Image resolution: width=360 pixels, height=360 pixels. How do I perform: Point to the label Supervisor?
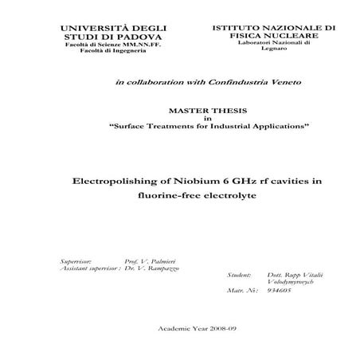76,261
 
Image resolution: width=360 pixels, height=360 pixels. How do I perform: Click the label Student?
239,275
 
